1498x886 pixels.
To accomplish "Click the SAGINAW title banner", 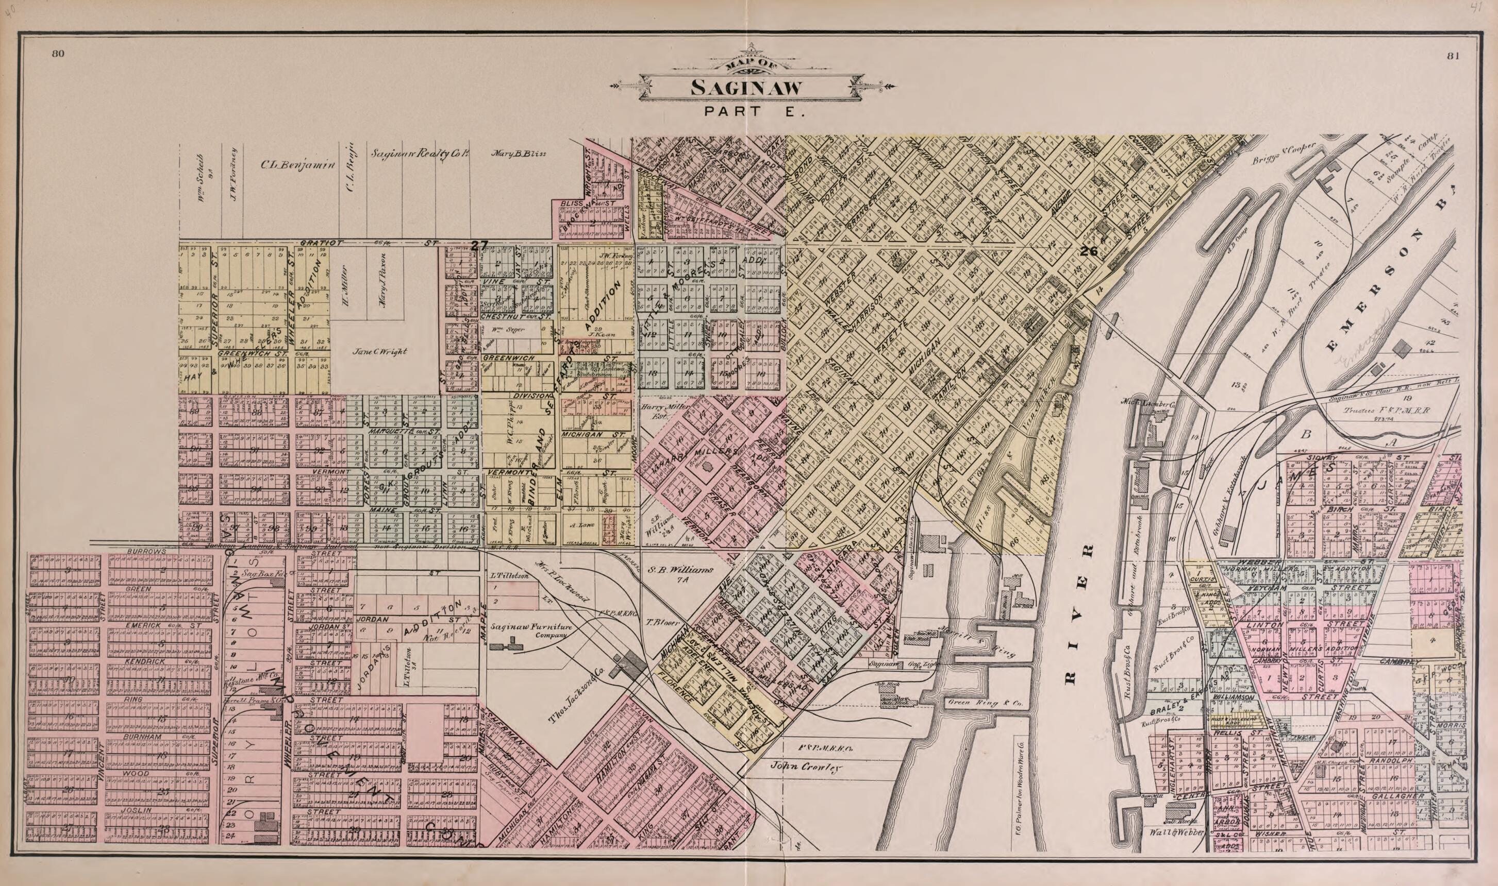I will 746,88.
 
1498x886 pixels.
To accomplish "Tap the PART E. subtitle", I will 754,112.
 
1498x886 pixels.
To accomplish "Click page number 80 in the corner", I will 57,54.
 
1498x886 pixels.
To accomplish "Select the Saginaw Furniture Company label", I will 531,631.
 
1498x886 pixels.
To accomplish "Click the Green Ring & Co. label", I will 976,703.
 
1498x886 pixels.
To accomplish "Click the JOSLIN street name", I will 138,810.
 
